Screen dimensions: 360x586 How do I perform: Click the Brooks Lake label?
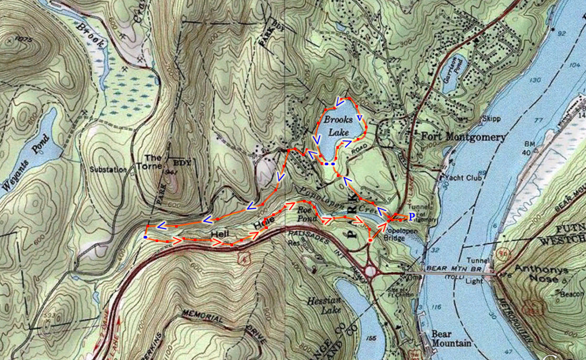click(338, 126)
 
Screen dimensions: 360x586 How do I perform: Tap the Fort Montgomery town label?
click(463, 137)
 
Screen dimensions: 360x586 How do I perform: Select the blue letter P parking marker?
click(412, 216)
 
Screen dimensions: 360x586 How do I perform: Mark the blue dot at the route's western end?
click(144, 237)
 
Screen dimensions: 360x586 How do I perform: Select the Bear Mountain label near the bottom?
click(451, 338)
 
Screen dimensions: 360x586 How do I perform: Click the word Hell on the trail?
click(219, 235)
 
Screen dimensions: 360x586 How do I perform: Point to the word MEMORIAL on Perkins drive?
click(202, 316)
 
